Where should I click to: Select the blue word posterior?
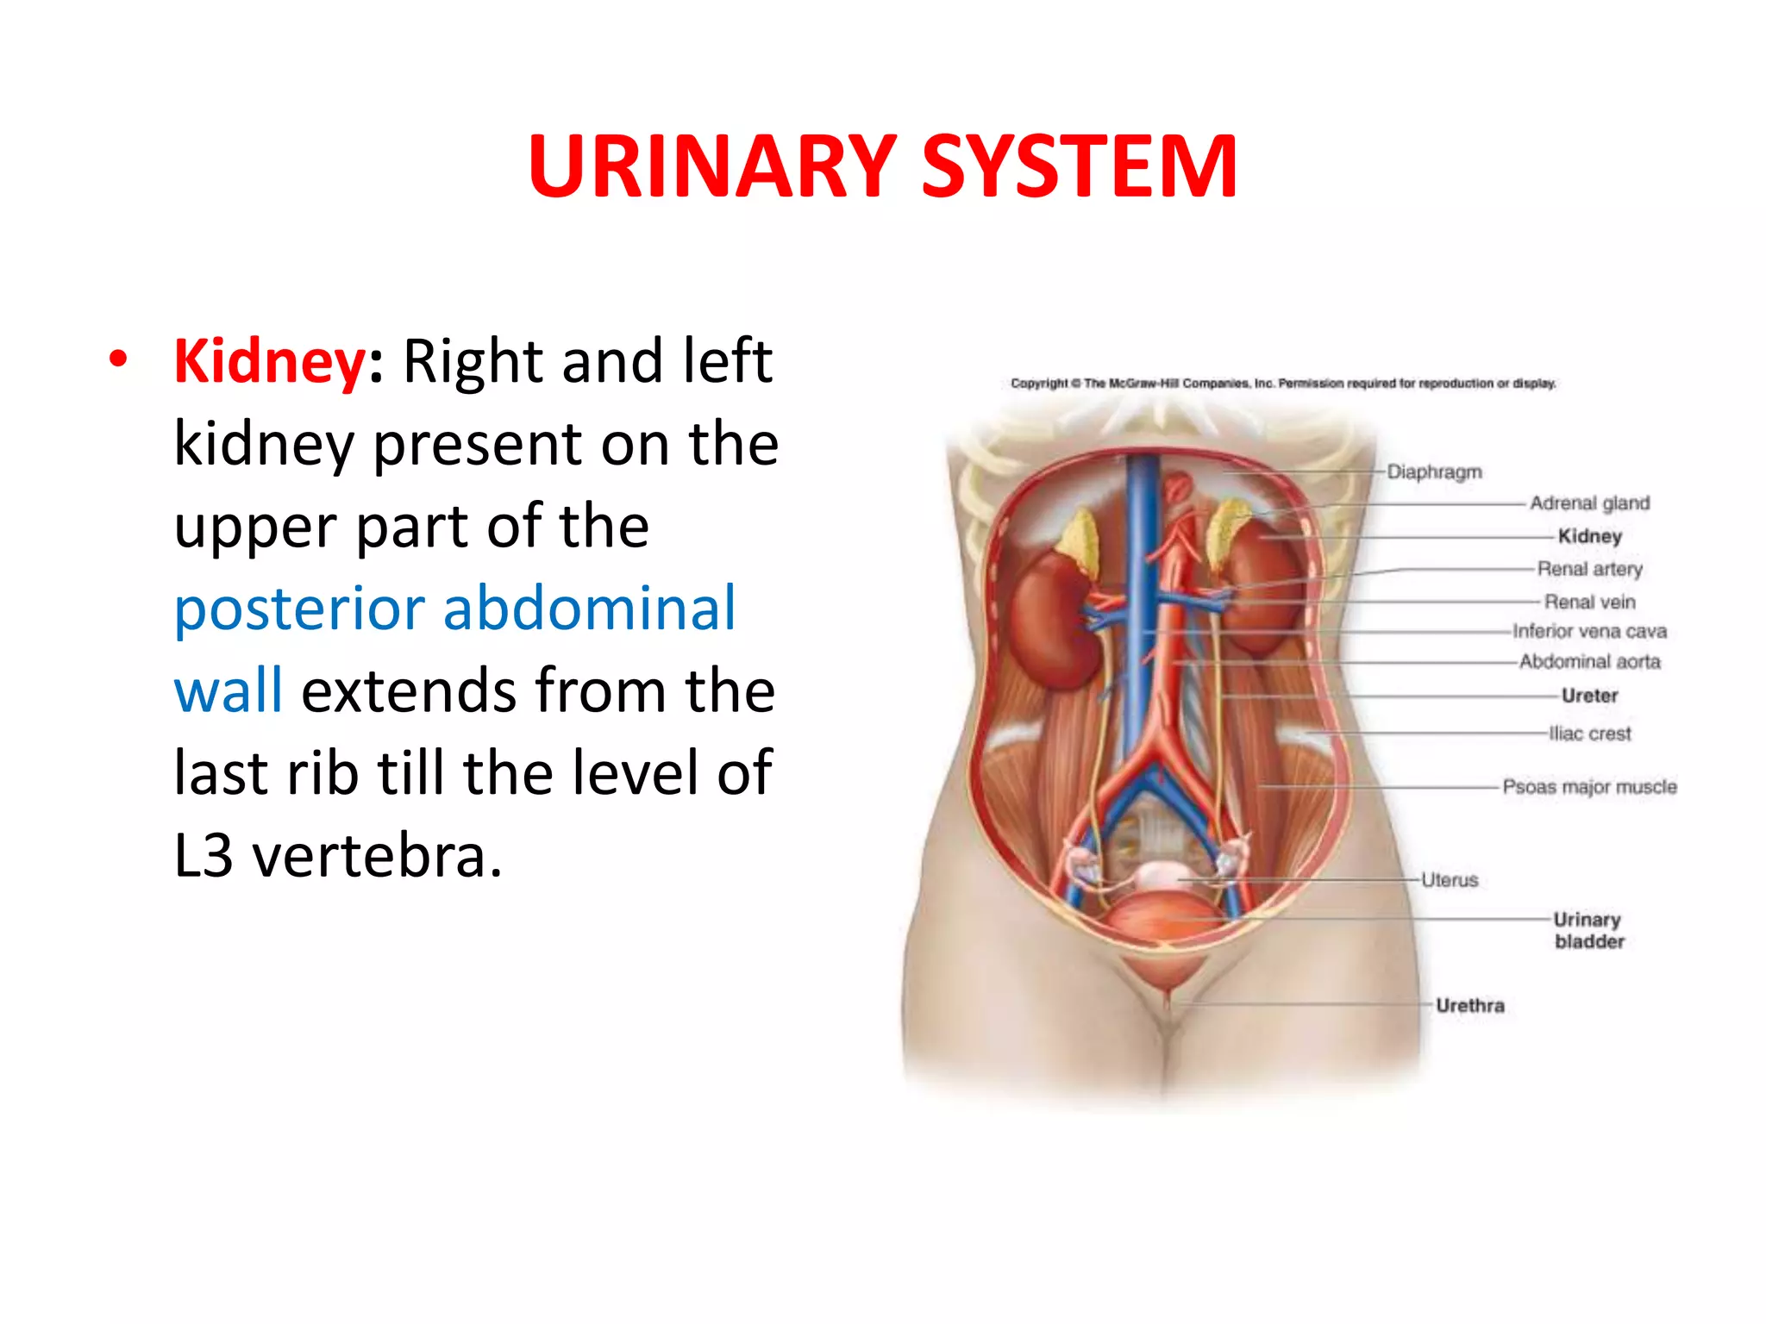[x=299, y=609]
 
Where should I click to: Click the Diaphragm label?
[x=1434, y=472]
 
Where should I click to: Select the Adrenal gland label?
[x=1589, y=503]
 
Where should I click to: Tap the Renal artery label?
[x=1589, y=569]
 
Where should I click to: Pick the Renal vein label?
[x=1589, y=602]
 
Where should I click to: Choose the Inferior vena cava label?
[x=1589, y=632]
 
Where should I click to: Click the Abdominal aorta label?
[x=1589, y=662]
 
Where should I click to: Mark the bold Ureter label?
[x=1589, y=696]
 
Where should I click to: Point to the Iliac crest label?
[x=1589, y=734]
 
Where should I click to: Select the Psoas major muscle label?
[x=1589, y=787]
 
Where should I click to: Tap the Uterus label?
[x=1450, y=880]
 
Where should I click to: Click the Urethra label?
[x=1469, y=1006]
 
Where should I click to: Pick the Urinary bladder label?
[x=1588, y=931]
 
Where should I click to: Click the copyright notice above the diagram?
[x=1283, y=384]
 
